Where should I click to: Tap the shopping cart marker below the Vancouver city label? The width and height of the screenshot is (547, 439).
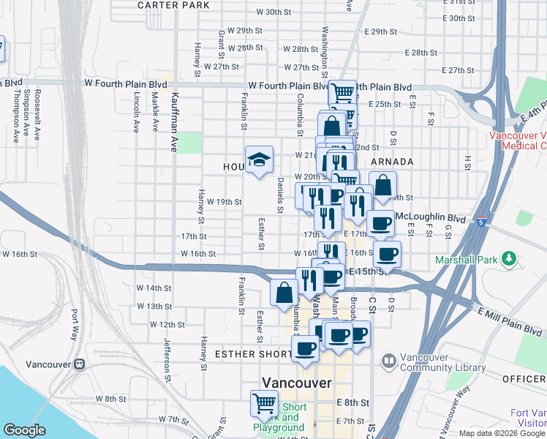[x=263, y=403]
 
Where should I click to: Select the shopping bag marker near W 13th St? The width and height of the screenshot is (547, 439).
[x=284, y=293]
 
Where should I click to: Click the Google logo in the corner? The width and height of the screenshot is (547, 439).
[x=24, y=430]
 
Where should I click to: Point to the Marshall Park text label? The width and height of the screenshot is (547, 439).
[x=476, y=260]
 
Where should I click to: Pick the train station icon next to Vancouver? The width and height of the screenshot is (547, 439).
[x=78, y=364]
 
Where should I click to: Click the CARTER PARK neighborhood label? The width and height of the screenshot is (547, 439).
[x=173, y=5]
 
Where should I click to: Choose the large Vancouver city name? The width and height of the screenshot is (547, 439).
[x=296, y=383]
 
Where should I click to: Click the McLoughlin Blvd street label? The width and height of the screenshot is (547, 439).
[x=430, y=218]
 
